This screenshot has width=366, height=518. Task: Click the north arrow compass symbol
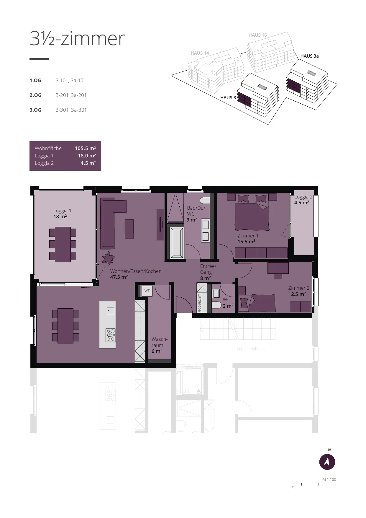[327, 462]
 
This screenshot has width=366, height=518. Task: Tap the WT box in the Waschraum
[147, 291]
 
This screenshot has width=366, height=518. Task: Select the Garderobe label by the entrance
[199, 302]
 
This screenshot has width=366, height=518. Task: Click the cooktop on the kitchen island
[111, 335]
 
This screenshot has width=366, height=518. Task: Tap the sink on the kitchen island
[111, 310]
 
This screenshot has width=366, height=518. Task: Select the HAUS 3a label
[309, 56]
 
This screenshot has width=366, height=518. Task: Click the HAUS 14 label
[200, 53]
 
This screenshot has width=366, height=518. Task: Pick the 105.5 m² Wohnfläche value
[85, 148]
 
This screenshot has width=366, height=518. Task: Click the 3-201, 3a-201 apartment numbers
[71, 95]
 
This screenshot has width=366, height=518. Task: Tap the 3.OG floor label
[35, 110]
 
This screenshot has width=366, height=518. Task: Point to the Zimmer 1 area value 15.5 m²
[246, 242]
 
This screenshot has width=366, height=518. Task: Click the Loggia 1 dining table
[63, 244]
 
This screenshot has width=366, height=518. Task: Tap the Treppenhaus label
[251, 349]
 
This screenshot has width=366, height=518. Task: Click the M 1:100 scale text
[329, 480]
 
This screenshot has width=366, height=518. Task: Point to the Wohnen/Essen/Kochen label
[136, 271]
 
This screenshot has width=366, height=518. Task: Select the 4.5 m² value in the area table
[88, 163]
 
